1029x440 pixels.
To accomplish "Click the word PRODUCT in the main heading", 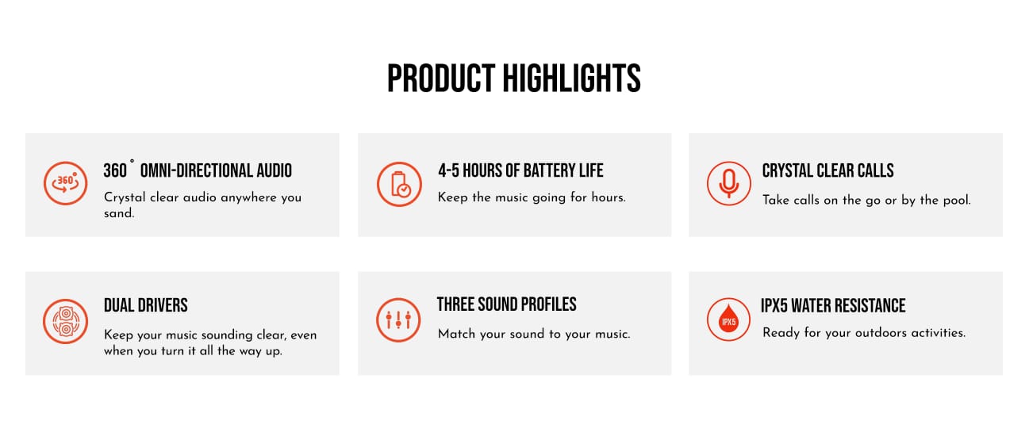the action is (441, 78).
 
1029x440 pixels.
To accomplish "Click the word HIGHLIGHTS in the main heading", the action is (572, 78).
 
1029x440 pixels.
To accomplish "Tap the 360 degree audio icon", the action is (65, 183).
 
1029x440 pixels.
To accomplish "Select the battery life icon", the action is (399, 184).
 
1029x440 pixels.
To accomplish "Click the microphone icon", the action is (728, 183).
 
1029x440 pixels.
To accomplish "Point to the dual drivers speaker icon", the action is (65, 321).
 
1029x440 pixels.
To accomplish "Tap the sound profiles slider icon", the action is (398, 319).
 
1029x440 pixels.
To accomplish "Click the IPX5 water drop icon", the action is (728, 319).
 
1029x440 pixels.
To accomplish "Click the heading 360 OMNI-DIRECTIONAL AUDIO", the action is (198, 170).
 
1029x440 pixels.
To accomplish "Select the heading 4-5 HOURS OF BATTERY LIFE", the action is (520, 170).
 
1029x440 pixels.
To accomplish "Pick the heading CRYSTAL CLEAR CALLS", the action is (827, 170).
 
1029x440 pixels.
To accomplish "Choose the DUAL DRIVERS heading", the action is (146, 305).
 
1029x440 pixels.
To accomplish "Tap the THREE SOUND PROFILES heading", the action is (506, 304).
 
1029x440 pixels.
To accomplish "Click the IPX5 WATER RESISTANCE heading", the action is (833, 305).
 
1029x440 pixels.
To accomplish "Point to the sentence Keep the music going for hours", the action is (532, 197).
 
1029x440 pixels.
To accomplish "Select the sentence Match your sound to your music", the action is (534, 334).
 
